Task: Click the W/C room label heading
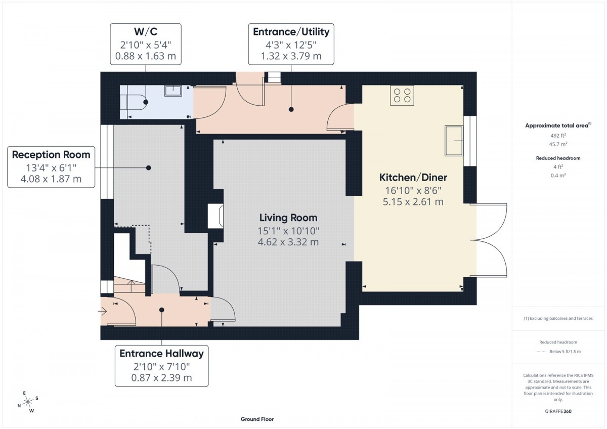(146, 32)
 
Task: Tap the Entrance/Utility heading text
(291, 32)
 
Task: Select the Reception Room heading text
(51, 155)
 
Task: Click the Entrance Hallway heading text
(161, 354)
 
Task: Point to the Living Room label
(288, 218)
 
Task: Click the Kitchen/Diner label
(413, 178)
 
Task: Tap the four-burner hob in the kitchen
(402, 96)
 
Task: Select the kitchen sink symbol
(454, 141)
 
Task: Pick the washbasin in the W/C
(173, 91)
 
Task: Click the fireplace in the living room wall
(215, 216)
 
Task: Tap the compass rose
(28, 402)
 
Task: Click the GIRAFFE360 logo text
(558, 411)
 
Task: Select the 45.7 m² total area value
(558, 144)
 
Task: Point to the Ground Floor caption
(257, 419)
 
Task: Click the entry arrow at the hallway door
(103, 312)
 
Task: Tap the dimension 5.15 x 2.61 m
(413, 202)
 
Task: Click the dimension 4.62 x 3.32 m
(288, 242)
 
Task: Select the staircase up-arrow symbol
(132, 286)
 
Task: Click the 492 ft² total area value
(558, 136)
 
